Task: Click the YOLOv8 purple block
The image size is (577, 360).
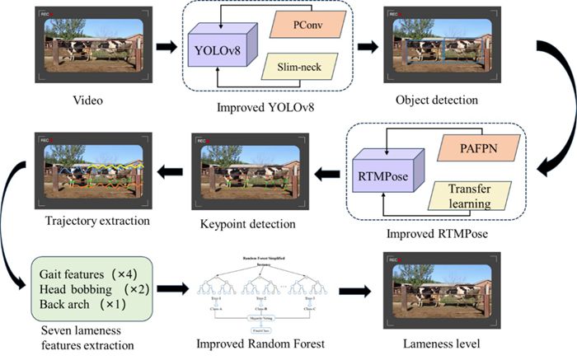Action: (x=221, y=49)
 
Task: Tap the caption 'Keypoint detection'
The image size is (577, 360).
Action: (x=236, y=223)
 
